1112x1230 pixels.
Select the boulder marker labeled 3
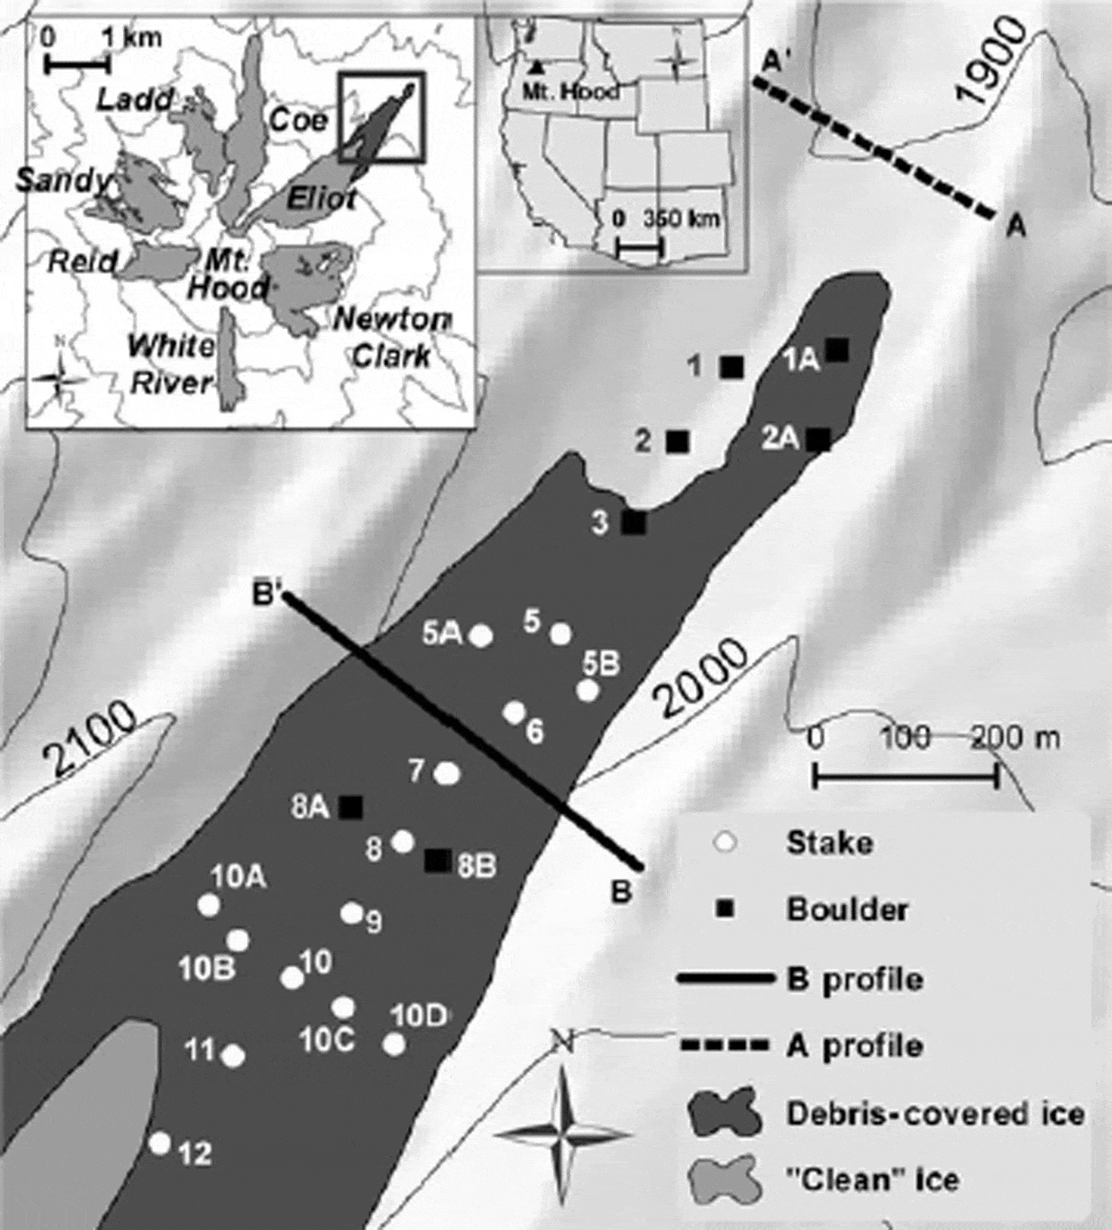[634, 522]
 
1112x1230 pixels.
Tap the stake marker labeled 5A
[481, 636]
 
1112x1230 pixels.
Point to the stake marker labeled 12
[160, 1143]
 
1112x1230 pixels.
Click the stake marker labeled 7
[449, 772]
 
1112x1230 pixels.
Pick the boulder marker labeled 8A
[350, 807]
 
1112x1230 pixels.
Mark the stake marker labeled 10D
[394, 1044]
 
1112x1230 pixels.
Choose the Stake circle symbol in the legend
[724, 843]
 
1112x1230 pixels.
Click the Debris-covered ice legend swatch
[724, 1113]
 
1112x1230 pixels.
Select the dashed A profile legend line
[724, 1045]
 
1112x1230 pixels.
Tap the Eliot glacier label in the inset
[320, 199]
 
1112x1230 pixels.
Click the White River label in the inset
[172, 365]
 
